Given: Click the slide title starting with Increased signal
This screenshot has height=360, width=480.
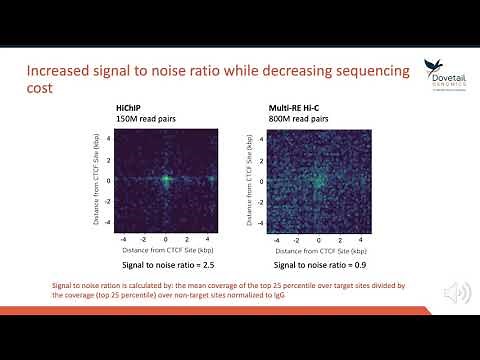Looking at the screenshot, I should tap(205, 80).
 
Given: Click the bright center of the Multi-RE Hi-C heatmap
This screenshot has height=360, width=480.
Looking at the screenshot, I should tap(318, 181).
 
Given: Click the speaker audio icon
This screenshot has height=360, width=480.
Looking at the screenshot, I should tap(456, 292).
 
